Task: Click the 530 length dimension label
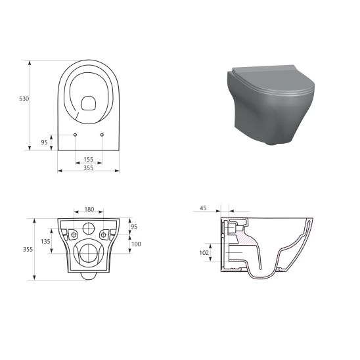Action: [24, 99]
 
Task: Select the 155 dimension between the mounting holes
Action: [88, 159]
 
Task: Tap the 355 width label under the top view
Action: [88, 168]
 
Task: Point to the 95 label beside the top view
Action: [44, 141]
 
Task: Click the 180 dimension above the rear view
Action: [89, 210]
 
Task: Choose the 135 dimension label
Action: [45, 241]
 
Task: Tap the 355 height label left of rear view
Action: [28, 249]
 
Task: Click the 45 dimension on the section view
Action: [202, 208]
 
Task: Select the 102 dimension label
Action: [204, 252]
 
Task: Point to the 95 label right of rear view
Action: [135, 227]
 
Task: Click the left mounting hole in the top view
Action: [76, 135]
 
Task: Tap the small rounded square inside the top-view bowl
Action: [88, 102]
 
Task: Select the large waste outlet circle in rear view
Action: [89, 254]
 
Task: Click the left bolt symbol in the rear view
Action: [74, 235]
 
